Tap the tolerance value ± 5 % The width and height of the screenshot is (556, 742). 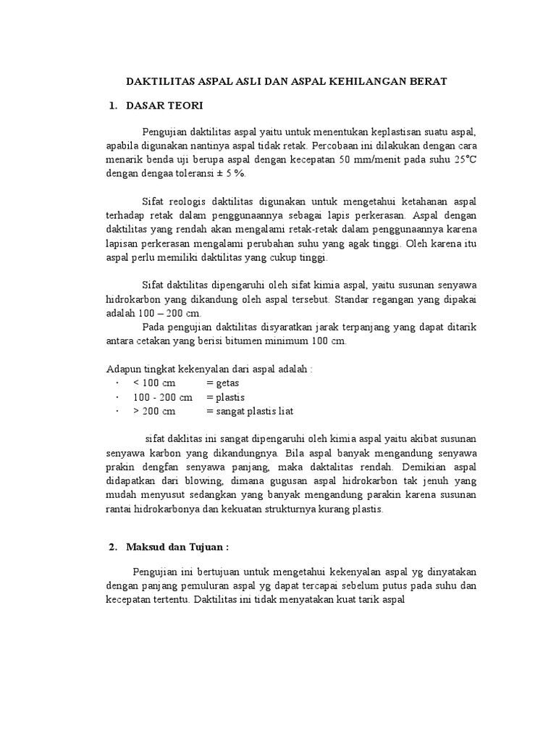tap(234, 174)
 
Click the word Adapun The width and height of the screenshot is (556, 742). tap(122, 368)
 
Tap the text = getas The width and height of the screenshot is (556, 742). tap(222, 383)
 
